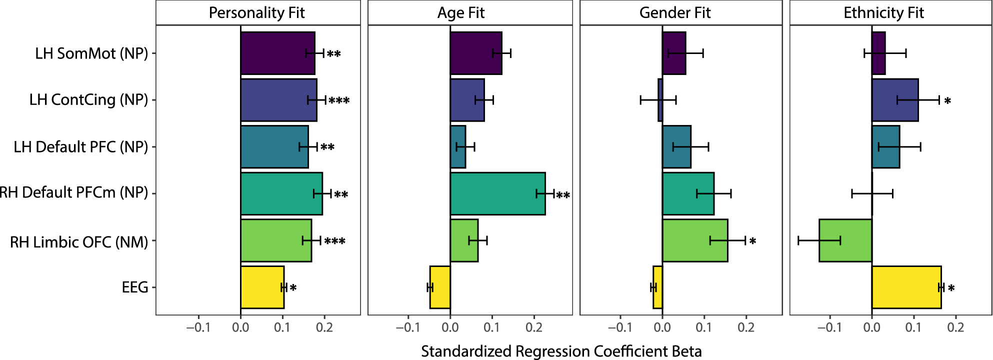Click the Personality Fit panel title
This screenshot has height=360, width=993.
pos(256,12)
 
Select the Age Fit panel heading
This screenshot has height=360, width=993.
pos(460,12)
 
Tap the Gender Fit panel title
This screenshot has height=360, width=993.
pos(674,12)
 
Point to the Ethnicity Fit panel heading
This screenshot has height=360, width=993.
pos(883,12)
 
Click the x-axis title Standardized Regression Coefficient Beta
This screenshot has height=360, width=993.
pos(561,351)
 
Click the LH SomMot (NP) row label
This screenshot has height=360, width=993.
pos(91,53)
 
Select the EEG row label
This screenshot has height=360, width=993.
pos(135,287)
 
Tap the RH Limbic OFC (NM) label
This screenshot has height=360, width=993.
pos(79,242)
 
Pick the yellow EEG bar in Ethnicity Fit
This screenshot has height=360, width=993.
pos(906,287)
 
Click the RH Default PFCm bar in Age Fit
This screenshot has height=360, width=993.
pos(497,194)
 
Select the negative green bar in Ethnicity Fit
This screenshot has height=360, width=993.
pos(845,240)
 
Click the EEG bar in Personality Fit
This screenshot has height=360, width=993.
pos(262,287)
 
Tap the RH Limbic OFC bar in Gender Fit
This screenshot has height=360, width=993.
pos(694,240)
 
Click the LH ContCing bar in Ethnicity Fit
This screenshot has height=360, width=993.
pos(894,100)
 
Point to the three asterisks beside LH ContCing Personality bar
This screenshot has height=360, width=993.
pos(339,101)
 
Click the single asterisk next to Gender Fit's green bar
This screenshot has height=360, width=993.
pos(752,241)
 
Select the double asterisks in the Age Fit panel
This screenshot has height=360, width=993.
pos(563,195)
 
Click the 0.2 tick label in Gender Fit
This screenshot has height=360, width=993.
pos(746,327)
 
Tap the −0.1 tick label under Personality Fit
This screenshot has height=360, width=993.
pos(198,327)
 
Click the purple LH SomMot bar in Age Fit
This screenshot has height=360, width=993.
pos(475,53)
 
